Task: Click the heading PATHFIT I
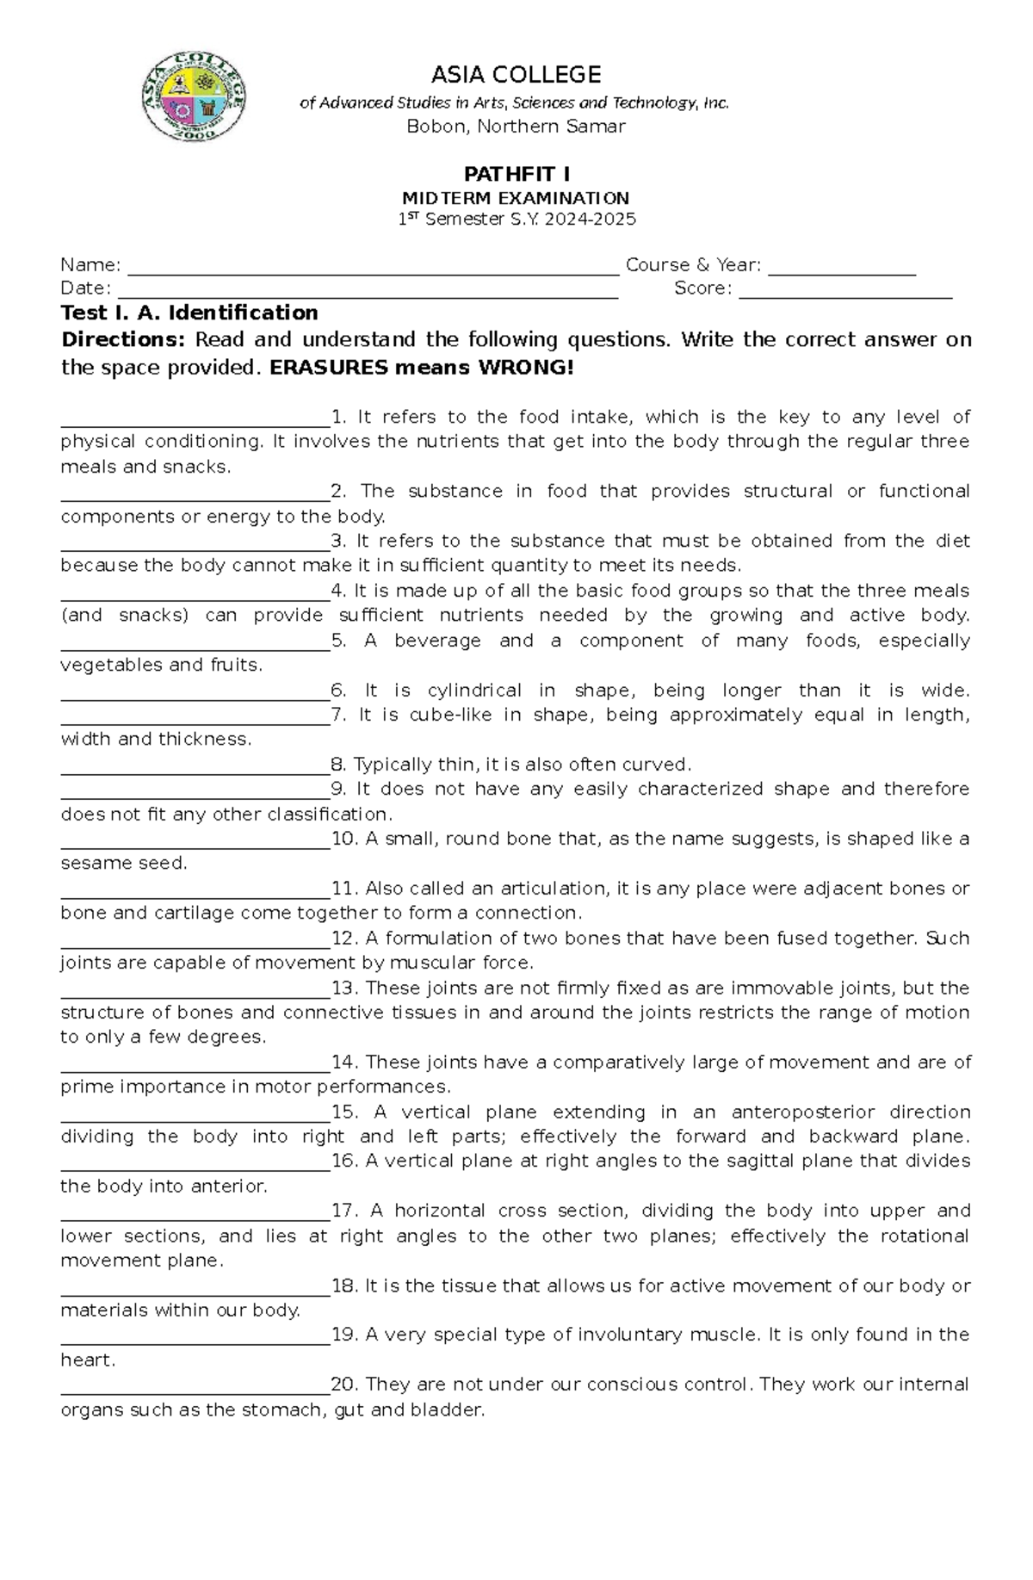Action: tap(516, 175)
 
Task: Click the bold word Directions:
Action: tap(123, 339)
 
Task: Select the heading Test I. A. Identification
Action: tap(189, 313)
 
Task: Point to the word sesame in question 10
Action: tap(90, 863)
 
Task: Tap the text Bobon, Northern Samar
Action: tap(516, 127)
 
